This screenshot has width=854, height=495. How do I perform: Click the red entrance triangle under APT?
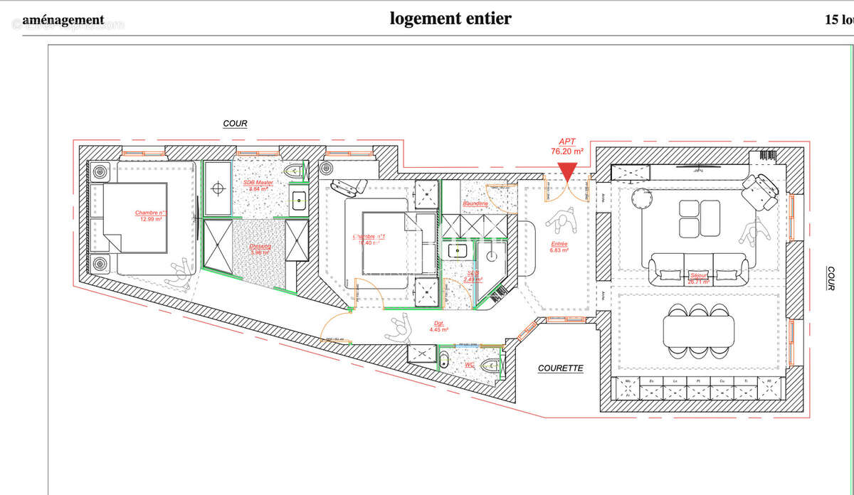tap(567, 171)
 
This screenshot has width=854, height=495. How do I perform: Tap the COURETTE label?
tap(560, 368)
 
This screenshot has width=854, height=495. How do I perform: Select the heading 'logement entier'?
tap(450, 18)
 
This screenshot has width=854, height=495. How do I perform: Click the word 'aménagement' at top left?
tap(63, 20)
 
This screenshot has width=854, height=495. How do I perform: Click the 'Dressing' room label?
tap(260, 247)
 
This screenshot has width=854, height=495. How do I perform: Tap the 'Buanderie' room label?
tap(475, 203)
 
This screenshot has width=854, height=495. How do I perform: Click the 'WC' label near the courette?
tap(469, 365)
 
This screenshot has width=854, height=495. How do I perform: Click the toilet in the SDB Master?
tap(294, 171)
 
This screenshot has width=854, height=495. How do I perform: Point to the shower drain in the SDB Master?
tap(219, 188)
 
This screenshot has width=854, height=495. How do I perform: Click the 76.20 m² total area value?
tap(567, 151)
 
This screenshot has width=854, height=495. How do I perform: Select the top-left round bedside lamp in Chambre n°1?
tap(100, 171)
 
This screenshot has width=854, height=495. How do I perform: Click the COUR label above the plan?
tap(235, 124)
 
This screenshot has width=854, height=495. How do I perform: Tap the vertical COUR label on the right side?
tap(831, 278)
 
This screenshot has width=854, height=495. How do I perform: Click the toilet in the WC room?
tap(490, 366)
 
